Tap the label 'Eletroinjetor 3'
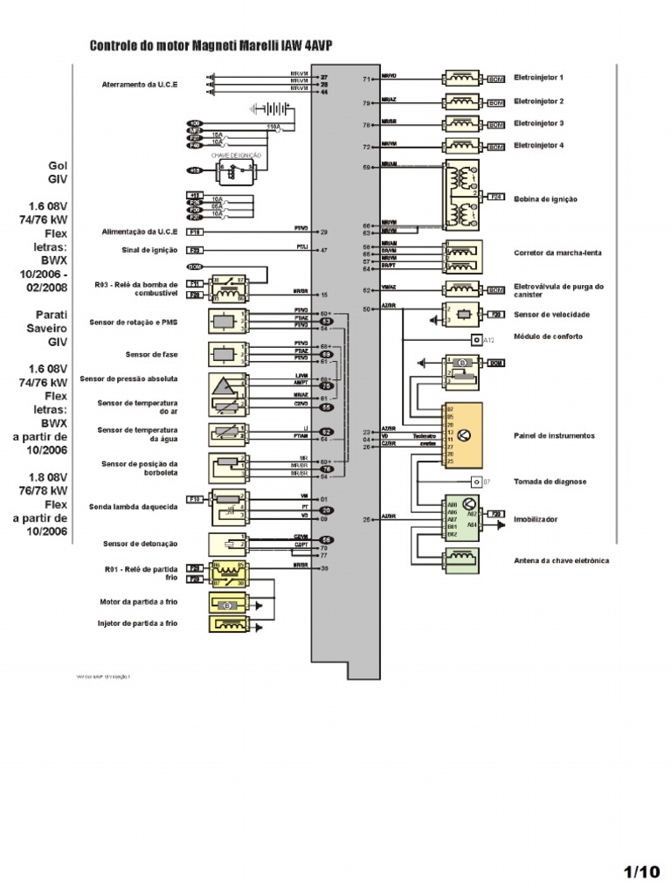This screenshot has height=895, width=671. (x=538, y=124)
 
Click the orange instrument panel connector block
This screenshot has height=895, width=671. (x=463, y=435)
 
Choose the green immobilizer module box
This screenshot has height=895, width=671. (x=461, y=518)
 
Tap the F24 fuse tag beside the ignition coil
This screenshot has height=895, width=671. (x=496, y=198)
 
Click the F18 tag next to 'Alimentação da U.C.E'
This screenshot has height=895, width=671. (x=195, y=232)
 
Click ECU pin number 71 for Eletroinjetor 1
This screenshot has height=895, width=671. (x=367, y=79)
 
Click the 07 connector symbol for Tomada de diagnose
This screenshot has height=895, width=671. (x=476, y=482)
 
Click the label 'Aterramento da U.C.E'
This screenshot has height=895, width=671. (x=139, y=84)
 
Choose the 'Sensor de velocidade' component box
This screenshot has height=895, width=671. (x=461, y=315)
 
